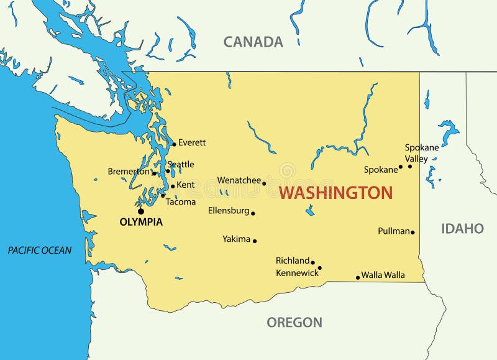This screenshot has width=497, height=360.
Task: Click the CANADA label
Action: [x=253, y=42]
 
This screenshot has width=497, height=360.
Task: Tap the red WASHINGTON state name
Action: [x=335, y=193]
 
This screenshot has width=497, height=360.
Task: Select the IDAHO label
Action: [x=462, y=228]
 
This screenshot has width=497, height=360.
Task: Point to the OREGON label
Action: [x=294, y=322]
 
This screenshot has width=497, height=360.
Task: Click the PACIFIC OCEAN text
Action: [x=40, y=250]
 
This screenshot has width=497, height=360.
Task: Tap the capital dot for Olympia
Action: [x=141, y=211]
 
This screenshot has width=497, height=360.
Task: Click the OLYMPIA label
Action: [x=141, y=222]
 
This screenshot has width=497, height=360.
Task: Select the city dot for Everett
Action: [x=174, y=144]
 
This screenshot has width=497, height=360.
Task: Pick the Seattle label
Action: [x=181, y=164]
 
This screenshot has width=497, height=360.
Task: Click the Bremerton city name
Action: [x=129, y=171]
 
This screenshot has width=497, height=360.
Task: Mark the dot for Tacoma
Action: [x=163, y=196]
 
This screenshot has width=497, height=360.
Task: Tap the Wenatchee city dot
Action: [x=264, y=183]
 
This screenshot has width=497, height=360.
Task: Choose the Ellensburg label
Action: [x=229, y=211]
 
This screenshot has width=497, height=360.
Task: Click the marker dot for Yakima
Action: [x=255, y=241]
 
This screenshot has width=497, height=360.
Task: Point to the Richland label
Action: [x=293, y=261]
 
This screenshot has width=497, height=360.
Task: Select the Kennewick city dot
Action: [x=319, y=268]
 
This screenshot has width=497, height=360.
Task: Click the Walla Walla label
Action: [x=383, y=275]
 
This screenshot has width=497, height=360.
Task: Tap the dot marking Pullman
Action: [x=413, y=233]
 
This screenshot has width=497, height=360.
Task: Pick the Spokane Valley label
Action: [x=422, y=153]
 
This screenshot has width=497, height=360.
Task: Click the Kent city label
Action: [x=185, y=185]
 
